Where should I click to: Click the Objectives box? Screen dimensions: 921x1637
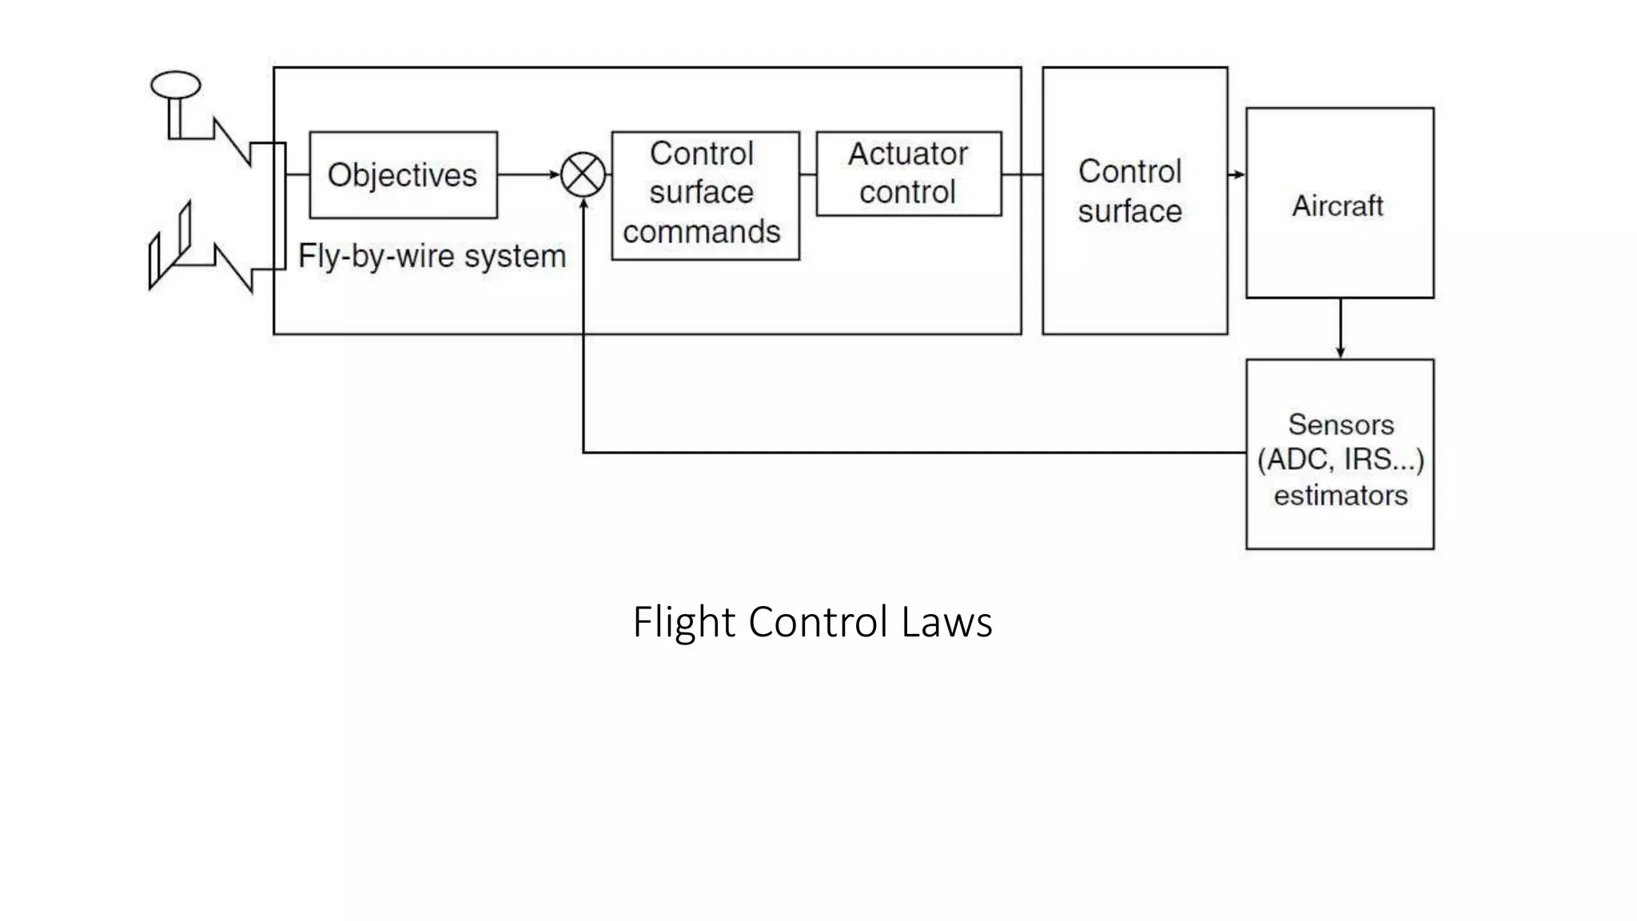click(x=403, y=175)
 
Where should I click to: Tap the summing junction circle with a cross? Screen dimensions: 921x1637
click(x=584, y=174)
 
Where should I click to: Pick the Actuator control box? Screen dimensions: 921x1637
click(x=908, y=173)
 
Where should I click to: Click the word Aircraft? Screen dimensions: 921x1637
click(x=1337, y=206)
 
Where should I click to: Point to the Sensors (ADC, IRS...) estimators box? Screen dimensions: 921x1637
click(x=1340, y=454)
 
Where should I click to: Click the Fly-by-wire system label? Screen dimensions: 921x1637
click(x=432, y=257)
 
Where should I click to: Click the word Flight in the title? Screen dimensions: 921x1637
click(x=683, y=622)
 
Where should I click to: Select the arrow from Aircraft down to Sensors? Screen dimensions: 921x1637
click(x=1340, y=329)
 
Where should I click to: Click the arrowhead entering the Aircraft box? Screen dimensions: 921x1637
click(x=1238, y=174)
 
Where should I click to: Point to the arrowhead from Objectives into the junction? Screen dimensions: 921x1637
click(x=554, y=174)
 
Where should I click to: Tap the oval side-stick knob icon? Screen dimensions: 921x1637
click(x=176, y=85)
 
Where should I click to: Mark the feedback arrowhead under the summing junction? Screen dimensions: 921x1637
click(x=584, y=205)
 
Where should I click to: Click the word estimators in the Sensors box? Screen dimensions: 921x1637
click(x=1340, y=496)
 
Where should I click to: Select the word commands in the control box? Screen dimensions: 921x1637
click(x=701, y=232)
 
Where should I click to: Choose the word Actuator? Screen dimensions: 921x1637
click(x=907, y=153)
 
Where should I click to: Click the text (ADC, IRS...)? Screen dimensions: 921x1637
click(x=1340, y=460)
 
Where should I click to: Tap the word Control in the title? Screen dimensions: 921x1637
click(x=818, y=622)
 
